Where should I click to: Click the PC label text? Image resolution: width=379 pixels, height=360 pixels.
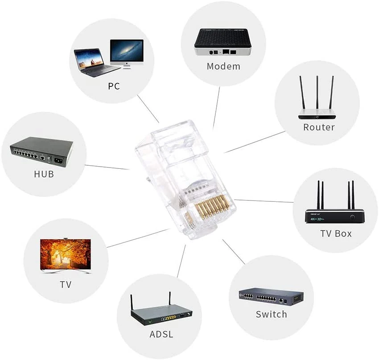pos(114,86)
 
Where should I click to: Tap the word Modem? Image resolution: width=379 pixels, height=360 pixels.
pos(223,66)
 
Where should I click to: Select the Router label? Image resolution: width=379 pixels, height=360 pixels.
pos(319,127)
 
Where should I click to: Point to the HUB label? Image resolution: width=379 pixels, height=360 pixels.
pos(44,174)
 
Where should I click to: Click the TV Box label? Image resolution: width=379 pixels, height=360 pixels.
pos(336,233)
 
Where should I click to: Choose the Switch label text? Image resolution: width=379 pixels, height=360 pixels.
pos(271,314)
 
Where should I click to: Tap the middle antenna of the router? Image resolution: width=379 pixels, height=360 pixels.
pos(317,94)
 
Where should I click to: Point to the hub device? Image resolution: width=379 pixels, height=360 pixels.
pos(42,151)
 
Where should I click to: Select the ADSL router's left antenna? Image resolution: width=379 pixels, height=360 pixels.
pos(132,302)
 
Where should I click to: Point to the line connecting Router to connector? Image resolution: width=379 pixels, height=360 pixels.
pos(254,142)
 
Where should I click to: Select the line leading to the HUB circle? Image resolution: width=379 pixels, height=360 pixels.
pos(107,167)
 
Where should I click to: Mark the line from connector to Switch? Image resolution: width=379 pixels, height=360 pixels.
pos(234,252)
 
